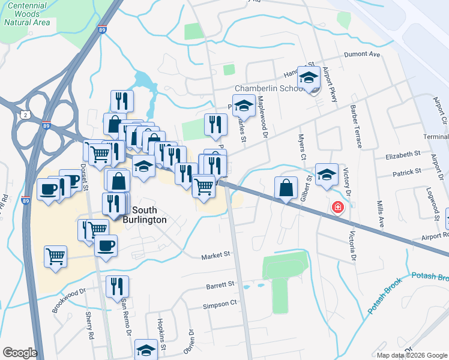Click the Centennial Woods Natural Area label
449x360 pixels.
pyautogui.click(x=27, y=14)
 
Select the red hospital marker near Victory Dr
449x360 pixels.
pyautogui.click(x=338, y=208)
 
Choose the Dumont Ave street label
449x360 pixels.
pyautogui.click(x=363, y=55)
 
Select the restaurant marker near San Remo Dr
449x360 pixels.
pyautogui.click(x=116, y=286)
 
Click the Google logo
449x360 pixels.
pyautogui.click(x=20, y=353)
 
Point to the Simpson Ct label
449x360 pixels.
pyautogui.click(x=220, y=305)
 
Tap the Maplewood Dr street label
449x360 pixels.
pyautogui.click(x=262, y=117)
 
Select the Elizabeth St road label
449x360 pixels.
pyautogui.click(x=403, y=154)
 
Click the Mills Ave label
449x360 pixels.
pyautogui.click(x=380, y=213)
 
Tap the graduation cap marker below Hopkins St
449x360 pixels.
pyautogui.click(x=146, y=350)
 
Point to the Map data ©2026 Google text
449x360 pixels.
pyautogui.click(x=412, y=355)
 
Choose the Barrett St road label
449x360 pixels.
pyautogui.click(x=220, y=285)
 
